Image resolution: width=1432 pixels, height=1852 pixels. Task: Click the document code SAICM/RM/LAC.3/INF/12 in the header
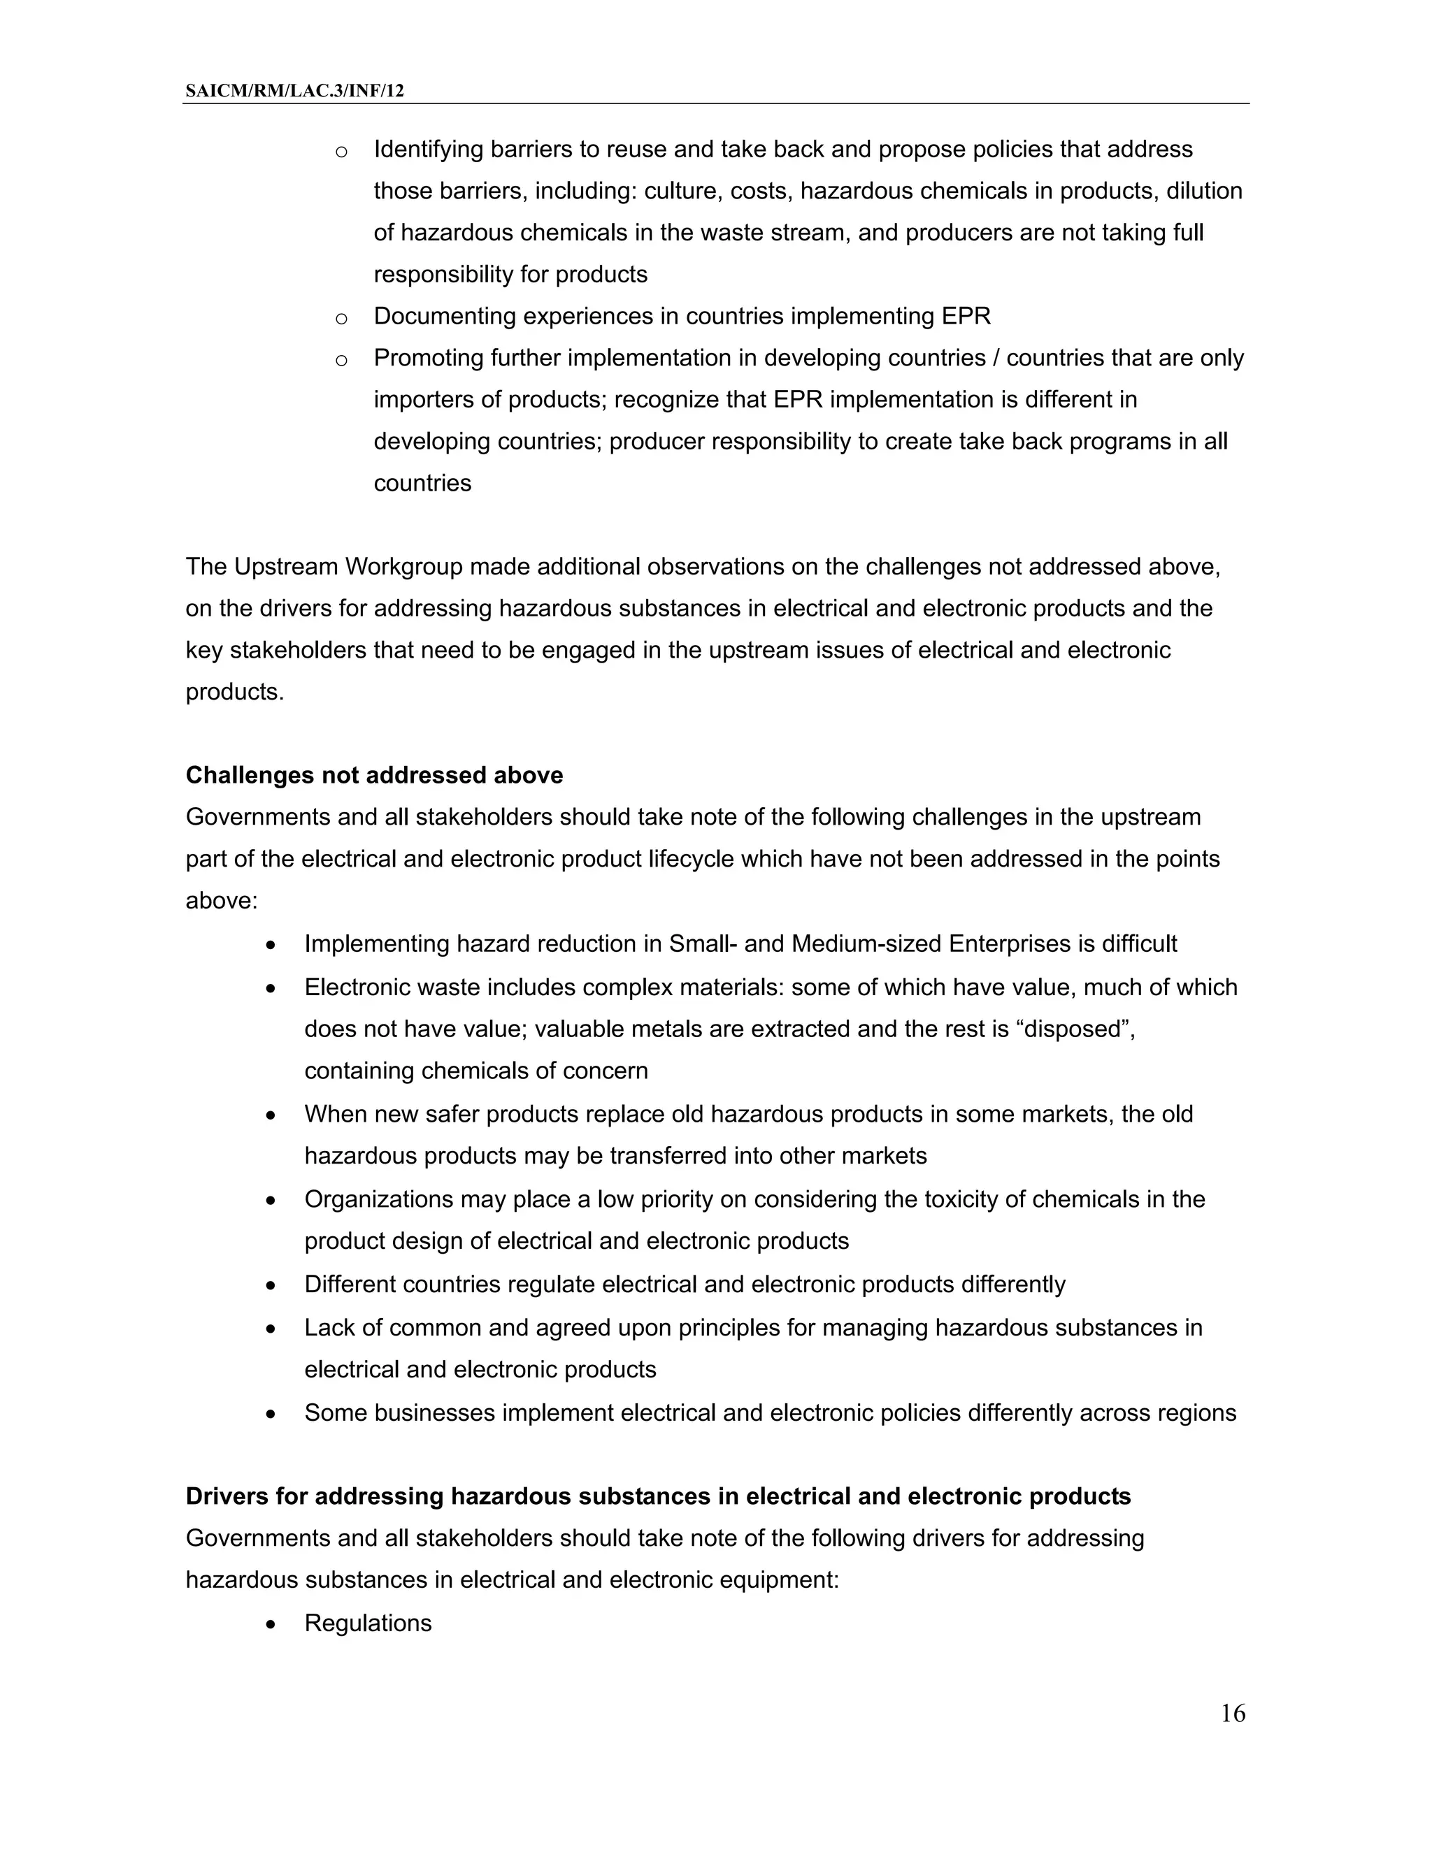tap(294, 91)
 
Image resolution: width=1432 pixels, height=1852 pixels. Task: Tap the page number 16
tap(1233, 1714)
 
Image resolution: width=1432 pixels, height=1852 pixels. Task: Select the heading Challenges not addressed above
tap(374, 775)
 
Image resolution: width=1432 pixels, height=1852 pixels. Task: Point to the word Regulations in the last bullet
tap(368, 1622)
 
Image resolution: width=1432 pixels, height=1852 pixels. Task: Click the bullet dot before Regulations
tap(271, 1624)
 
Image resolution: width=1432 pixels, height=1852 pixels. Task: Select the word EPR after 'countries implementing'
tap(966, 317)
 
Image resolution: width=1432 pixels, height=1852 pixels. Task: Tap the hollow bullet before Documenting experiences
tap(341, 319)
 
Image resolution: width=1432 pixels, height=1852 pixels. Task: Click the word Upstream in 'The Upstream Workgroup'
tap(285, 567)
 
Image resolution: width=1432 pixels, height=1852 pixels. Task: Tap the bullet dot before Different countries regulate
tap(271, 1285)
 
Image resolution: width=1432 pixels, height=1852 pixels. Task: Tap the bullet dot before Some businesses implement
tap(271, 1415)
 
